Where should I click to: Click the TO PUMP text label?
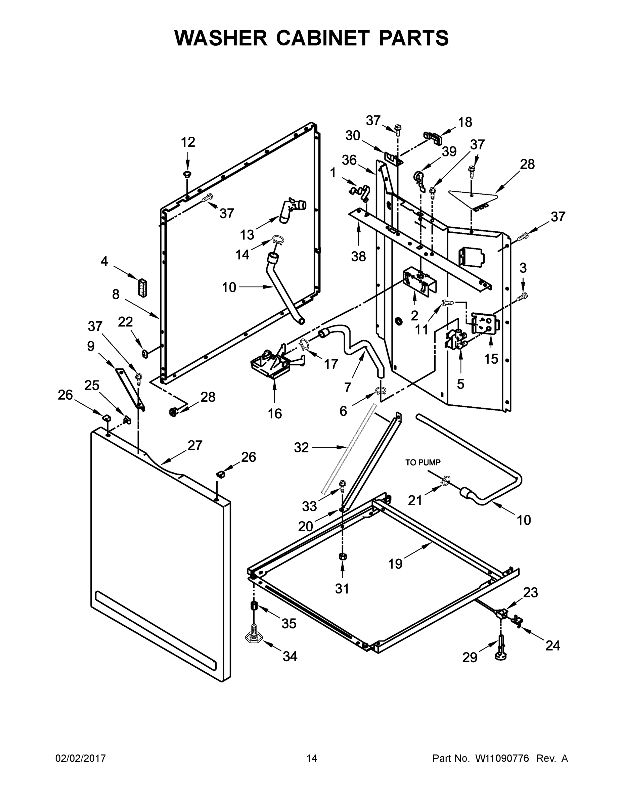pos(423,462)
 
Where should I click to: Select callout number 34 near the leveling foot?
pos(290,656)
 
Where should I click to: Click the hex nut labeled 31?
pos(342,556)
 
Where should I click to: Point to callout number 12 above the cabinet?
pos(188,142)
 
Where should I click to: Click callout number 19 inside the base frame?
pos(395,564)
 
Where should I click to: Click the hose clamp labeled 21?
pos(446,480)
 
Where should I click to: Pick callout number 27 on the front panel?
pos(195,445)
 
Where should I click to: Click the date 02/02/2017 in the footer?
pos(81,758)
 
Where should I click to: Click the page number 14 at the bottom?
pos(312,758)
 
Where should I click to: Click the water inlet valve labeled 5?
pos(455,339)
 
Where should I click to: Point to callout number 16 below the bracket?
pos(275,414)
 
